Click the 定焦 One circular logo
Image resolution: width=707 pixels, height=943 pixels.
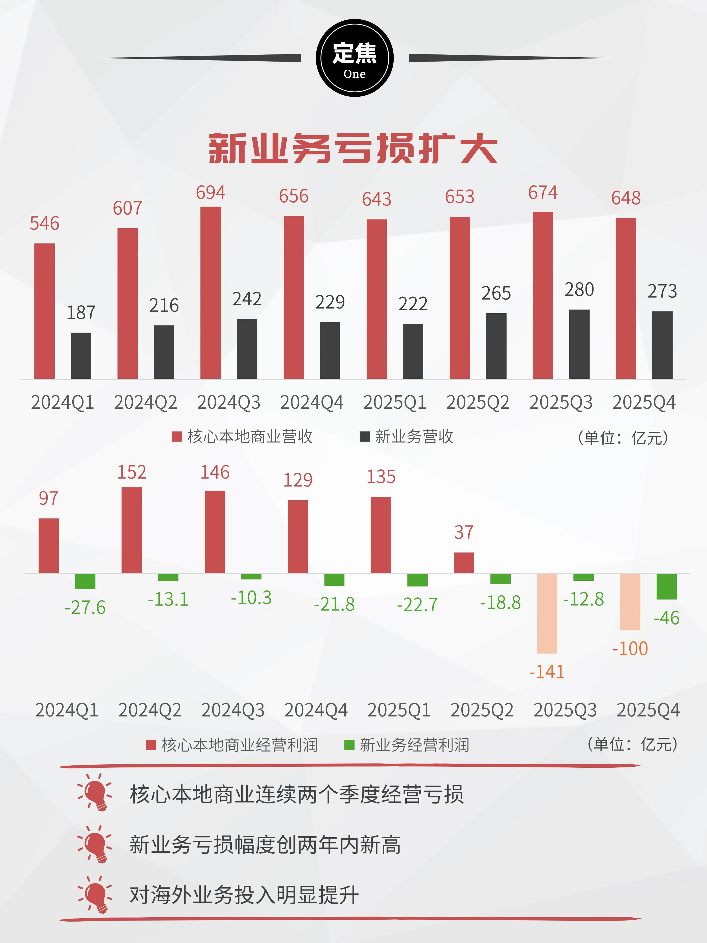[x=355, y=58]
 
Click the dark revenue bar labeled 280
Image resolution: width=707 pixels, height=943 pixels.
[x=580, y=344]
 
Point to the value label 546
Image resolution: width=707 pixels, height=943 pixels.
[x=44, y=223]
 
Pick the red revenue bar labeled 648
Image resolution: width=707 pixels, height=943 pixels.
[x=626, y=298]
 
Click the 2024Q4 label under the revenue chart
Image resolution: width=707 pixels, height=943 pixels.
[x=312, y=402]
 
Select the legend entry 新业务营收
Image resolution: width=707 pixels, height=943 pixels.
[x=407, y=436]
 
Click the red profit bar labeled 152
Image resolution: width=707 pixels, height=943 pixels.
[x=132, y=530]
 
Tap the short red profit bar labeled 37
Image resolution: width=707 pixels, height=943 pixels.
[x=464, y=563]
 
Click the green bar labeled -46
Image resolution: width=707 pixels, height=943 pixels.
[x=666, y=587]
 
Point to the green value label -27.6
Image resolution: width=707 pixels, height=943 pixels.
[x=85, y=607]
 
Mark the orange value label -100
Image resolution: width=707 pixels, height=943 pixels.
[x=630, y=648]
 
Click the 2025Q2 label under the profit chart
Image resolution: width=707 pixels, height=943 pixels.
[x=482, y=710]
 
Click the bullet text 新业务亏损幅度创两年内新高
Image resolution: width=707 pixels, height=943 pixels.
[x=265, y=845]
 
